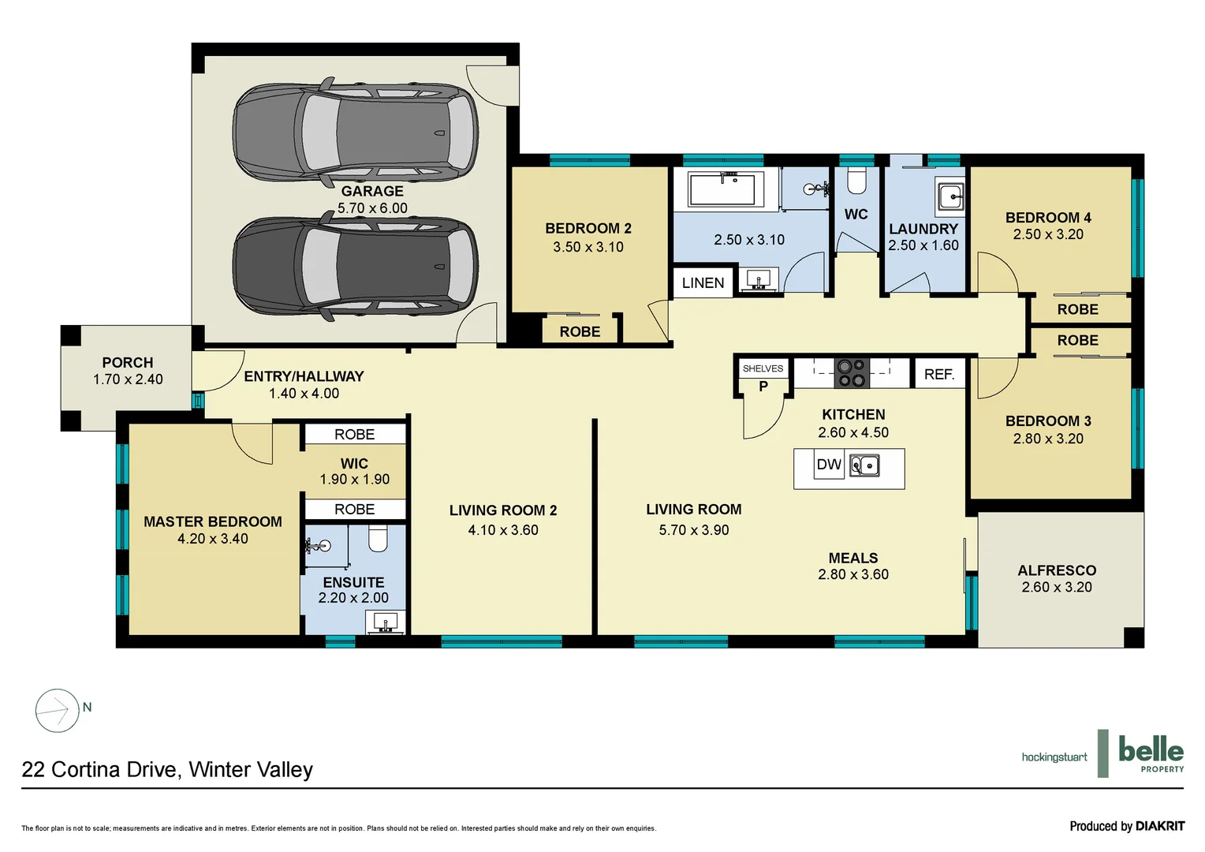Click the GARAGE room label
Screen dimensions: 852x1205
(x=372, y=191)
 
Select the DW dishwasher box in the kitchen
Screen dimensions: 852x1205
(x=829, y=465)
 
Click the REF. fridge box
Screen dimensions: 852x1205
(x=938, y=374)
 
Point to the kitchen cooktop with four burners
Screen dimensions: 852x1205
(x=852, y=372)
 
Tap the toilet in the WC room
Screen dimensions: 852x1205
(x=856, y=181)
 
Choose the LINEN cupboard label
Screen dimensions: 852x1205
(x=703, y=282)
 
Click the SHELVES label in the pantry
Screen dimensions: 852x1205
(x=763, y=368)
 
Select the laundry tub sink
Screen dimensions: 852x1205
(x=950, y=196)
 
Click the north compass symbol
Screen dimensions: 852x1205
(x=58, y=710)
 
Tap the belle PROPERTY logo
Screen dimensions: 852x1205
(x=1150, y=753)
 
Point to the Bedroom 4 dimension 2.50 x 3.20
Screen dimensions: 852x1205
(x=1048, y=234)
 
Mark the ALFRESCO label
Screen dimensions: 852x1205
(x=1057, y=570)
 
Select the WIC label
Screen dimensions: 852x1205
(x=354, y=463)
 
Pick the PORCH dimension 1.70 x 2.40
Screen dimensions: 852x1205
(x=128, y=379)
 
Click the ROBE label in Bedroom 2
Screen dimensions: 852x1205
(x=580, y=331)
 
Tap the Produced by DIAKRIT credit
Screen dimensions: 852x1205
(x=1127, y=826)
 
